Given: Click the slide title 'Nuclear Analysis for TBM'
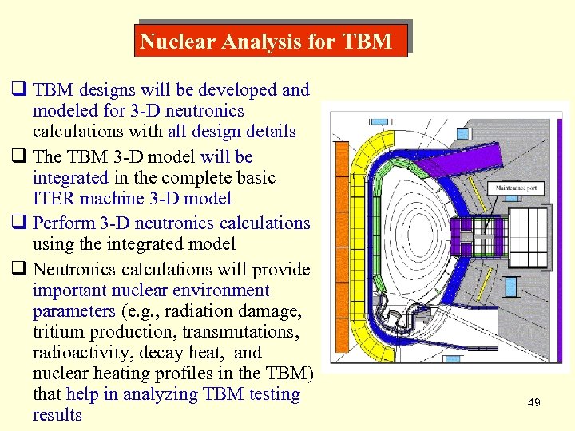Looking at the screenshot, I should point(266,42).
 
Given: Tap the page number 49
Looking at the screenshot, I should point(534,403).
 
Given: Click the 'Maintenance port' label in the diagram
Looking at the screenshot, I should point(519,188).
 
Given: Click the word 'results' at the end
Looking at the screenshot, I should point(57,415).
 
